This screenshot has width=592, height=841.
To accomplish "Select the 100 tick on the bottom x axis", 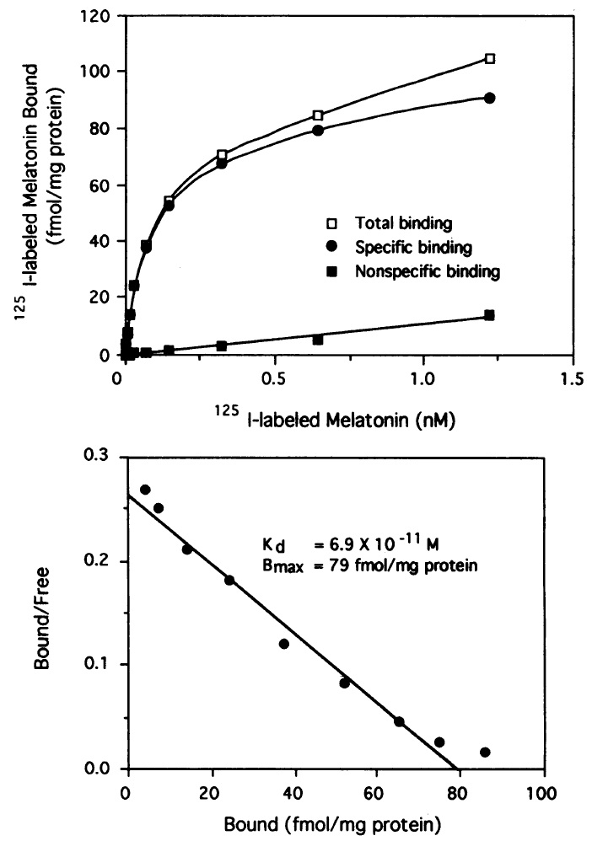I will coord(544,793).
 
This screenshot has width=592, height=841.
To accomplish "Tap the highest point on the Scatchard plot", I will coord(145,490).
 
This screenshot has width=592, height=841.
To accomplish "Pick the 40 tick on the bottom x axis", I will coord(293,793).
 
